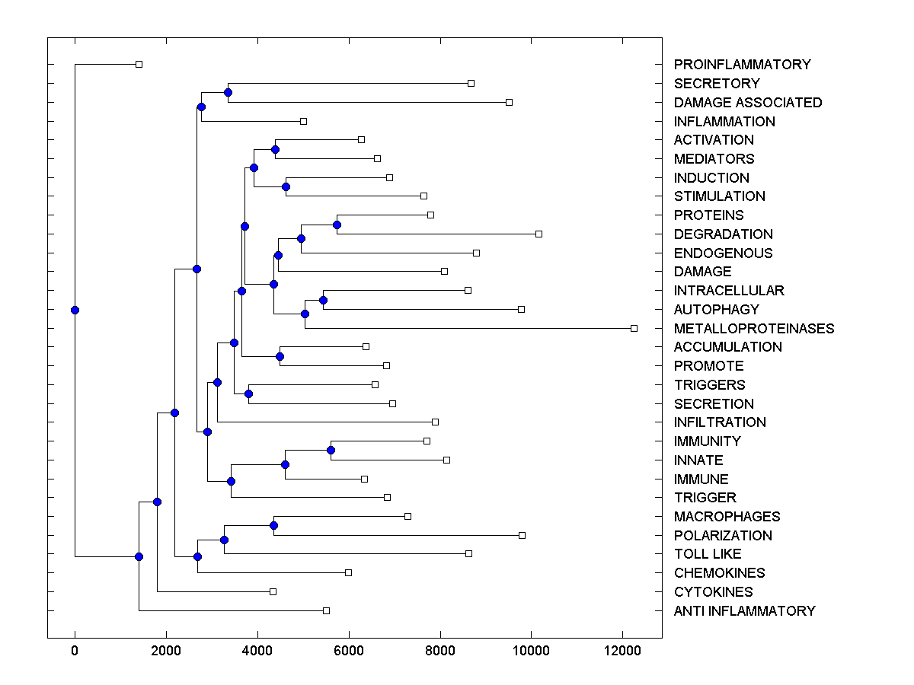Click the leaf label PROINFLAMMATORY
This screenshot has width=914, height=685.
click(x=742, y=65)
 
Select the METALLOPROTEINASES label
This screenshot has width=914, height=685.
click(x=754, y=329)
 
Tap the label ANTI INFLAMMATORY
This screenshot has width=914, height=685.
click(x=744, y=611)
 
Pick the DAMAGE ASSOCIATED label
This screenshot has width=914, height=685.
click(x=748, y=103)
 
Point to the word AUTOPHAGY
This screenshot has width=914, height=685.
click(x=716, y=310)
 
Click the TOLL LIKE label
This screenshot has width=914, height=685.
click(x=708, y=554)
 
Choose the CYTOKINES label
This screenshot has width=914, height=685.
click(x=713, y=592)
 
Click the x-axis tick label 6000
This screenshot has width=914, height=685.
click(x=349, y=651)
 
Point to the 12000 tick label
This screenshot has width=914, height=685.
click(x=622, y=651)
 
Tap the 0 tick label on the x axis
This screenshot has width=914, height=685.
click(x=75, y=651)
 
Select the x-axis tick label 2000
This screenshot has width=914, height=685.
click(x=166, y=651)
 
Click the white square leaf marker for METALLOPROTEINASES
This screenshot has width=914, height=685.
click(x=634, y=328)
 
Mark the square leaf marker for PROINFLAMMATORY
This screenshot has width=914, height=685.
click(x=139, y=64)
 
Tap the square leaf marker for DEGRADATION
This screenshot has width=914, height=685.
click(x=538, y=234)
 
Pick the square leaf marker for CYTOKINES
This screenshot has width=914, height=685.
click(x=273, y=591)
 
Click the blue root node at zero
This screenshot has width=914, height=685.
click(x=75, y=310)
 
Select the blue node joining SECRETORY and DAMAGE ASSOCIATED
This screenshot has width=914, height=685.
click(x=228, y=92)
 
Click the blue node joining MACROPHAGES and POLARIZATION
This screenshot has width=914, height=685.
click(x=273, y=525)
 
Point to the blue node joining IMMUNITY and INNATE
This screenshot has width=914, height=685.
click(x=331, y=450)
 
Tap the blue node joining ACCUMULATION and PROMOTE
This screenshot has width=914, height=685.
click(x=280, y=356)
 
